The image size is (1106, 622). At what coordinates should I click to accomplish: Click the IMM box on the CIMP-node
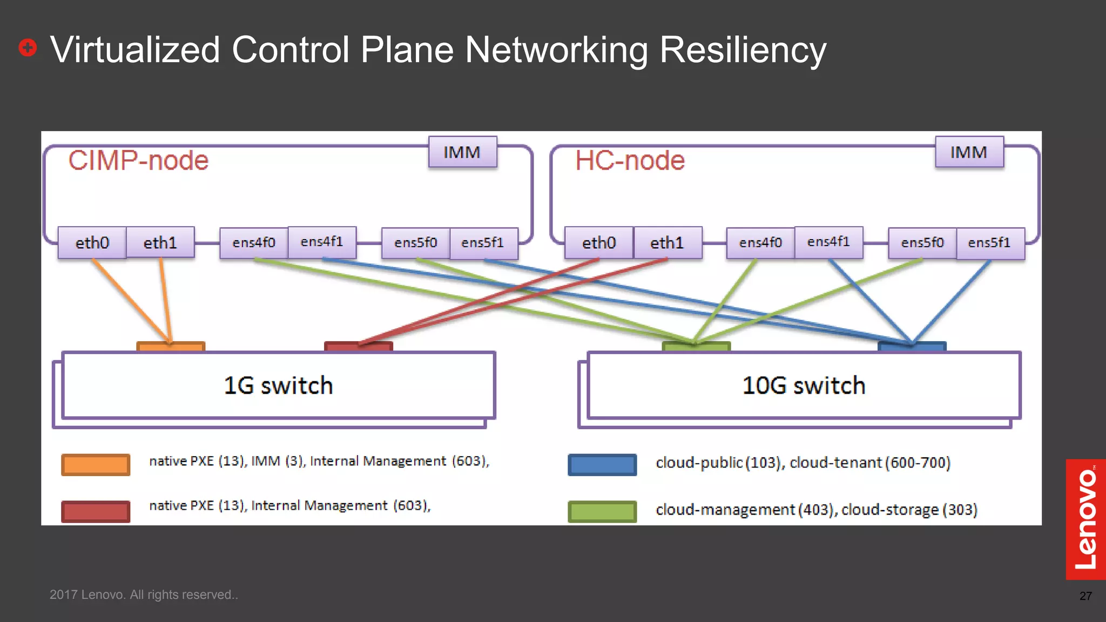tap(462, 152)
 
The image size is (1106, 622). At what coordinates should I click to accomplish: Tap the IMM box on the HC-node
tap(969, 152)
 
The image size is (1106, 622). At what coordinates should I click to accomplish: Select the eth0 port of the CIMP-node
tap(92, 243)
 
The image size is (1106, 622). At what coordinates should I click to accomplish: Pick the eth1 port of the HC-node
tap(667, 243)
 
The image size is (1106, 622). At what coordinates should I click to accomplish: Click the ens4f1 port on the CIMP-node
tap(322, 242)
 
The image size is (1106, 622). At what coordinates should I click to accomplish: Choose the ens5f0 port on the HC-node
tap(922, 243)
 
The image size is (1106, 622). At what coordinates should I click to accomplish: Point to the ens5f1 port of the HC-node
tap(989, 243)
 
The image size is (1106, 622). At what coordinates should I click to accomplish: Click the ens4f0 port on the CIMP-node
tap(254, 243)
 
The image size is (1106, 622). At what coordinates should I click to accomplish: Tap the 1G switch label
tap(278, 386)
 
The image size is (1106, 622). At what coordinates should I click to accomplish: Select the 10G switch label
tap(804, 386)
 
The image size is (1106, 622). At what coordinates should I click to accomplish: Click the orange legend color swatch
tap(96, 464)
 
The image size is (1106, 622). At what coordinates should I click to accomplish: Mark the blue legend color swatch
tap(602, 464)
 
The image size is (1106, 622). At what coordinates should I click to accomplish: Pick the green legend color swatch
tap(602, 511)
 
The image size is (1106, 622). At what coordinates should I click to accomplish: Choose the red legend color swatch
tap(96, 511)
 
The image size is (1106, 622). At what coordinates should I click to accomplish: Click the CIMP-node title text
tap(138, 160)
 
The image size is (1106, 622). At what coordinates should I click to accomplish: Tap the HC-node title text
tap(630, 160)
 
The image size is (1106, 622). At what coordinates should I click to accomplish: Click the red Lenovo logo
tap(1085, 519)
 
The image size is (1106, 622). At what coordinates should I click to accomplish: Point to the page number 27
tap(1085, 596)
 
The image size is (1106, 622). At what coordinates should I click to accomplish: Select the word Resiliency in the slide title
tap(743, 50)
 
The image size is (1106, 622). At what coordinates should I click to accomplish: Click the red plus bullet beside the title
tap(28, 48)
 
